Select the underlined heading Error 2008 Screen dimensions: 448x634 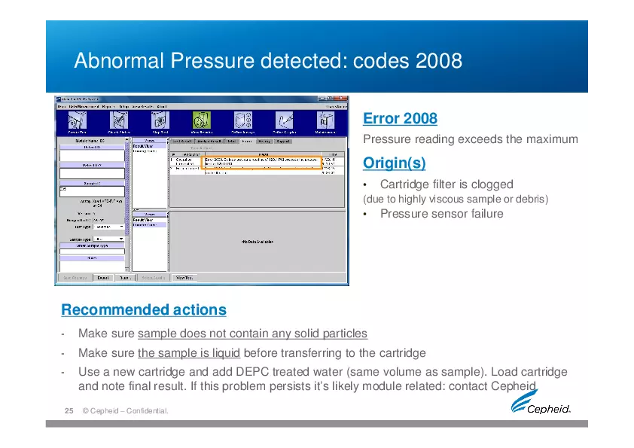pyautogui.click(x=400, y=119)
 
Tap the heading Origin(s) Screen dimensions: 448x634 pyautogui.click(x=394, y=163)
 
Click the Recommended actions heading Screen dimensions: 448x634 pyautogui.click(x=143, y=310)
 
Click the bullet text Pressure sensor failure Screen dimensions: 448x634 pyautogui.click(x=441, y=214)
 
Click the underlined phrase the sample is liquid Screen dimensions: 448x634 pyautogui.click(x=189, y=353)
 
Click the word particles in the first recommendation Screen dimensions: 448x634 pyautogui.click(x=345, y=334)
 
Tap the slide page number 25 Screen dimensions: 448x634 pyautogui.click(x=68, y=411)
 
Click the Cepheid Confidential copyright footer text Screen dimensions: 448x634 pyautogui.click(x=126, y=411)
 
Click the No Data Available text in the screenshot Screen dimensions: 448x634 pyautogui.click(x=257, y=242)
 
